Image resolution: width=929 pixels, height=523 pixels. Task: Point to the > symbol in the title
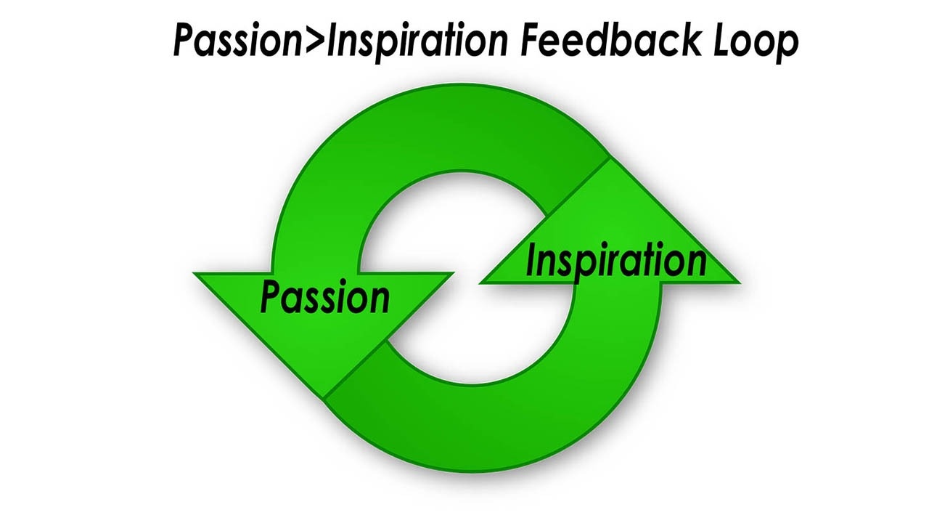tap(314, 42)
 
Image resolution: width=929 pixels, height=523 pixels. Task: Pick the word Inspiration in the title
tap(417, 42)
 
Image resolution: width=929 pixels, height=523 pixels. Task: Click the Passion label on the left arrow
tap(324, 297)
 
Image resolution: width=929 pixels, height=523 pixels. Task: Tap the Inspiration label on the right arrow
tap(615, 260)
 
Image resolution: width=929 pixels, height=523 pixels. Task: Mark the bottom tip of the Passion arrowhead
tap(324, 397)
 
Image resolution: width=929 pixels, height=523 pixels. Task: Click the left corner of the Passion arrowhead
tap(195, 274)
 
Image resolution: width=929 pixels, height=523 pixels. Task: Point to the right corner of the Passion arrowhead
tap(453, 274)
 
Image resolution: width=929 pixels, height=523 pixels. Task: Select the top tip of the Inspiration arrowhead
tap(608, 158)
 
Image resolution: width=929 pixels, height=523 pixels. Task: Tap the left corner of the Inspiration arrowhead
tap(480, 283)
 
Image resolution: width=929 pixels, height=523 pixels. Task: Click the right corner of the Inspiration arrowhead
tap(739, 283)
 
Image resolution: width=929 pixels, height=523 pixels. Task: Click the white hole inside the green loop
tap(464, 276)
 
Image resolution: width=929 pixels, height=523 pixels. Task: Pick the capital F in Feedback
tap(533, 41)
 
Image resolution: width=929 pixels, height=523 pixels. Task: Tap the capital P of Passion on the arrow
tap(270, 296)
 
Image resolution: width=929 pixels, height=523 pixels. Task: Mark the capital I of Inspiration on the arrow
tap(531, 260)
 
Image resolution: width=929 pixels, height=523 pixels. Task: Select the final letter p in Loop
tap(788, 45)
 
